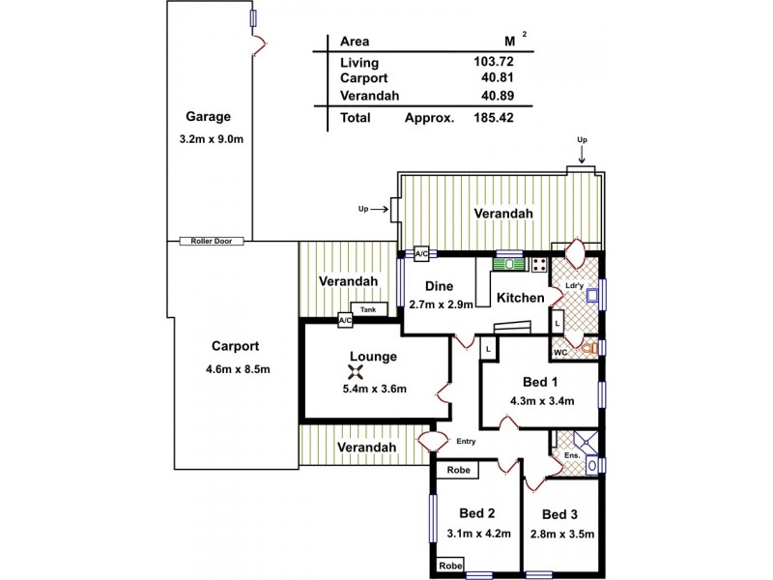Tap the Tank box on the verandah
(368, 309)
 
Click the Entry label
(466, 442)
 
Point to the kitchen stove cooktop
(539, 263)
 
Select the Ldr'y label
(574, 286)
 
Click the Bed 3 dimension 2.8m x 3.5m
(561, 533)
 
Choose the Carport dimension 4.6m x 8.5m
(237, 369)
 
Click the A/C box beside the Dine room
(421, 253)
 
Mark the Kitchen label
(521, 298)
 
